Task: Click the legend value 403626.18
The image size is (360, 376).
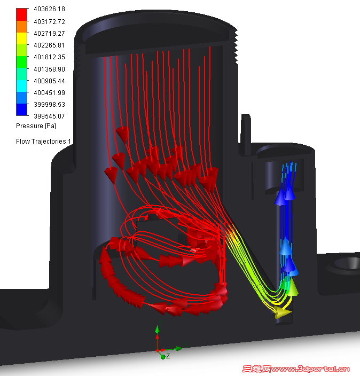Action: (49, 9)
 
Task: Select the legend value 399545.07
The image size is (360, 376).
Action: (49, 116)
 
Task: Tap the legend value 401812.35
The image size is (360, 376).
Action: (49, 57)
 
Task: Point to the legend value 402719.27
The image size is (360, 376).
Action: (49, 33)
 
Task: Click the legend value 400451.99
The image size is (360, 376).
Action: (49, 92)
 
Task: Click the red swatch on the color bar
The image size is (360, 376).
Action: (21, 14)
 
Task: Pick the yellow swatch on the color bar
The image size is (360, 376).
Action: (21, 38)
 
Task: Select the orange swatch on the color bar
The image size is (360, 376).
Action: (21, 27)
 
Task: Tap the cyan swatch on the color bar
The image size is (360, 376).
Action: (21, 86)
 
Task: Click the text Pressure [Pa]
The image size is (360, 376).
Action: (36, 126)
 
